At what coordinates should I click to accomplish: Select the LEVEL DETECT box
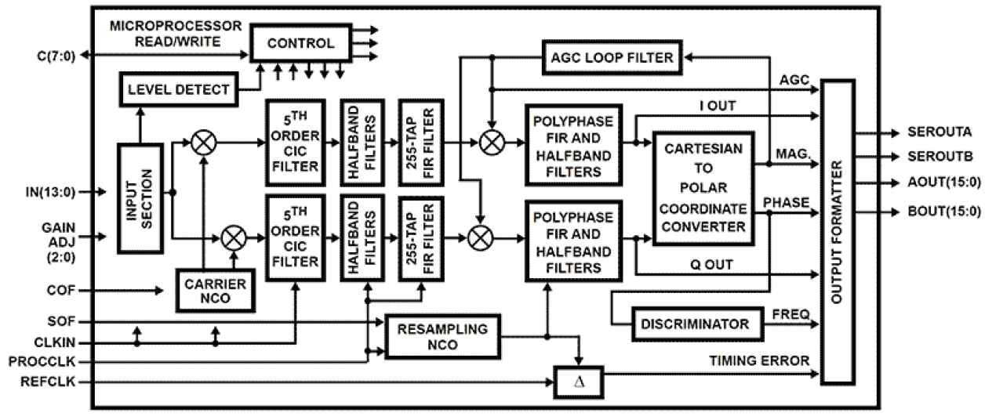pyautogui.click(x=177, y=89)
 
